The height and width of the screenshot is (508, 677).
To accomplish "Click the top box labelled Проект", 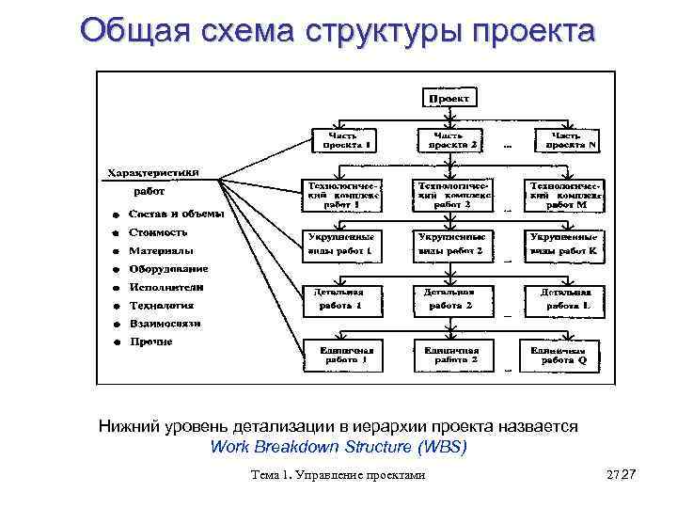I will [x=451, y=98].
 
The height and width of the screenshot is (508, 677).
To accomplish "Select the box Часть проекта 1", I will [x=342, y=140].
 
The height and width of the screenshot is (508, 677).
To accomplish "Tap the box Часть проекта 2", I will [x=452, y=140].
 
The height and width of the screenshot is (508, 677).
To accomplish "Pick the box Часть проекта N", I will [x=568, y=140].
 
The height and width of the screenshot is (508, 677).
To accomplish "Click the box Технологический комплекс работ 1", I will [x=340, y=195].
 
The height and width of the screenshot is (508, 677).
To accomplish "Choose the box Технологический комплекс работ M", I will [x=564, y=195].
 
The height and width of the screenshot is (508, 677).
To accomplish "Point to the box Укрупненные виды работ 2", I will [x=452, y=245].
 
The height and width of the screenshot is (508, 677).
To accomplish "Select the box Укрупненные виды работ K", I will [x=564, y=245].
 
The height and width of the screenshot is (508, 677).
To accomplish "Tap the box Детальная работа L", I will [x=564, y=299].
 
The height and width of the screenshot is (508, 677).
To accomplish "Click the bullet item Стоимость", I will [x=158, y=231].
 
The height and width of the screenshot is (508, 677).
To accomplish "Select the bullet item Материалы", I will [x=162, y=251].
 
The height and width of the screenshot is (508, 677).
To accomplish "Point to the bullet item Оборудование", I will [x=169, y=269].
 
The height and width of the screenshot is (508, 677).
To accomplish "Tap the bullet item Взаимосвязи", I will [x=165, y=324].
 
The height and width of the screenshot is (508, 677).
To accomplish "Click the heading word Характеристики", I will [x=151, y=172].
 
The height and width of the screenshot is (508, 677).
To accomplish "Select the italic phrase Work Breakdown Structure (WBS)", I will [x=338, y=446].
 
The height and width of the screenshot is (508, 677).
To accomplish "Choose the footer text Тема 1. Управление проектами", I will [x=338, y=475].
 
